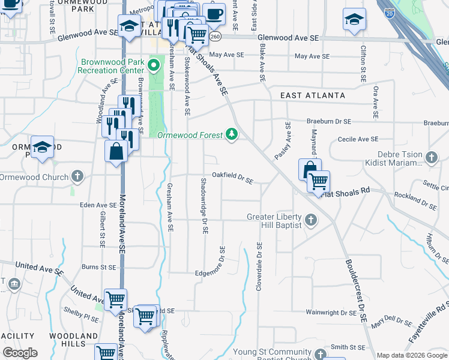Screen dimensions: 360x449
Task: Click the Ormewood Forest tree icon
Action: click(232, 135)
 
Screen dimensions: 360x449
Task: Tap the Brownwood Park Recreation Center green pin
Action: click(154, 64)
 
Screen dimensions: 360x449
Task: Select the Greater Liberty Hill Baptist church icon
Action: click(311, 220)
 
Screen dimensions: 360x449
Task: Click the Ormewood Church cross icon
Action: click(77, 177)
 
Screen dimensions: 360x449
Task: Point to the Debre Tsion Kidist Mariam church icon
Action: click(431, 158)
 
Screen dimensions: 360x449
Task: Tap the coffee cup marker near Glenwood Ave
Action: click(213, 13)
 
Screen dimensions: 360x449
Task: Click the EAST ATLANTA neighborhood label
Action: click(313, 95)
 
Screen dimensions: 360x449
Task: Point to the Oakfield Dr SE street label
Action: click(232, 178)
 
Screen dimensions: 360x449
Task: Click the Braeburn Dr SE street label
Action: click(329, 121)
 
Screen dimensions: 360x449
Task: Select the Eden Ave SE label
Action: click(97, 205)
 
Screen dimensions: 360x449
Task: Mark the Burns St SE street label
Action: click(98, 266)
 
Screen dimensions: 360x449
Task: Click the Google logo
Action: click(20, 353)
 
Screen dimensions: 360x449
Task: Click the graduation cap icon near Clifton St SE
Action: click(354, 19)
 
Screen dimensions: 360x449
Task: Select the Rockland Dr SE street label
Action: click(415, 201)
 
